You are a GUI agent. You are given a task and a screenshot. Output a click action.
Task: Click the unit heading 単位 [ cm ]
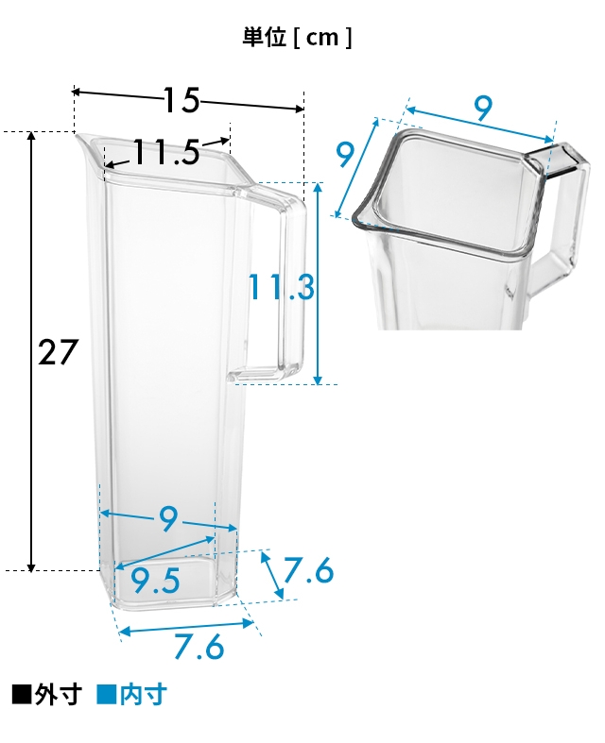297,38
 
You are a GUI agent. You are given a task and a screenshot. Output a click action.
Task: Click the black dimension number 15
181,100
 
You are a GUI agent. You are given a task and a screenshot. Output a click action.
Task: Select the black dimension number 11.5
165,152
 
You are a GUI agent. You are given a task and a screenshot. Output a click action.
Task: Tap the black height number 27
58,352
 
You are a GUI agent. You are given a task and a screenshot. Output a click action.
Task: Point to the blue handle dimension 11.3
281,287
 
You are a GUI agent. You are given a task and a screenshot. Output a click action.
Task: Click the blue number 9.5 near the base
155,581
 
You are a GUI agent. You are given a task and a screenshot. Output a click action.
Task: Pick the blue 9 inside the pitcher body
168,519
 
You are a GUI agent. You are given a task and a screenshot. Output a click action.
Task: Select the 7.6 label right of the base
309,570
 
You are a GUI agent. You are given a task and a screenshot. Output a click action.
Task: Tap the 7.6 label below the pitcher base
199,647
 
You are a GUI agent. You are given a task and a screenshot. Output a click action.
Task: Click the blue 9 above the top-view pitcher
483,108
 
